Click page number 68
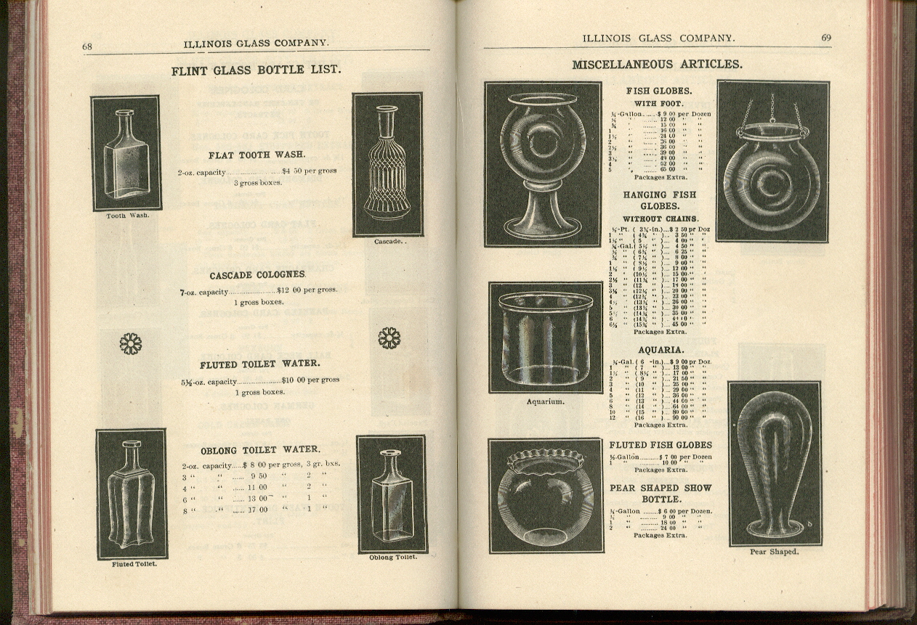coord(87,46)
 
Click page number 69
coord(826,38)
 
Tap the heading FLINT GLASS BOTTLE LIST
coord(256,70)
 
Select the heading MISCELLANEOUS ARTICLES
coord(657,65)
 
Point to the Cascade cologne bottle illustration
coord(387,164)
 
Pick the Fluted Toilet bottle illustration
coord(132,494)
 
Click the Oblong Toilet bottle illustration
coord(392,494)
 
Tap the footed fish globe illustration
coord(543,164)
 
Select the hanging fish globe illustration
coord(772,160)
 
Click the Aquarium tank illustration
coord(545,338)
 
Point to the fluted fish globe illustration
coord(546,495)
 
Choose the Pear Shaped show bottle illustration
coord(775,463)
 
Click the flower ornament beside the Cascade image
coord(389,338)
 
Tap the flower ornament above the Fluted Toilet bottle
coord(131,343)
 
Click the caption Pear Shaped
coord(774,552)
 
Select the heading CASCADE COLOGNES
coord(257,275)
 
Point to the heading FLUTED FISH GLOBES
coord(661,445)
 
